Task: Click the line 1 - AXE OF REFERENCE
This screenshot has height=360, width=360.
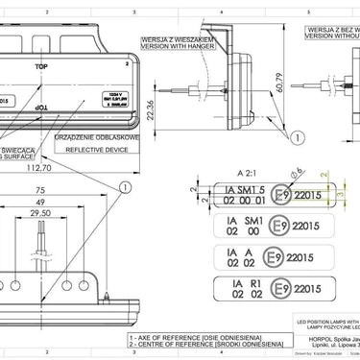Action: pos(183,338)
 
